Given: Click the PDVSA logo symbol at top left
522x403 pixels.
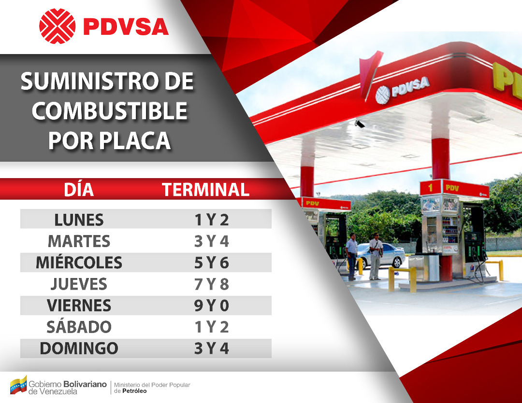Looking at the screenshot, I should click(x=57, y=26).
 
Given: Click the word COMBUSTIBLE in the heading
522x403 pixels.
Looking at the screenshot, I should click(x=109, y=111).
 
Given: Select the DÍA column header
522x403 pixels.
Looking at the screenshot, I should click(x=79, y=190).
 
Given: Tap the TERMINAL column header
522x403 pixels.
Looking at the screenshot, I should click(x=205, y=190).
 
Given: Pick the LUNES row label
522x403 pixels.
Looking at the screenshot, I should click(x=79, y=220).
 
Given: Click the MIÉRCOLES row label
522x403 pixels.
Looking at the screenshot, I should click(x=79, y=263).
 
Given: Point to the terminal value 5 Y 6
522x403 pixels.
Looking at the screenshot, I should click(x=211, y=263).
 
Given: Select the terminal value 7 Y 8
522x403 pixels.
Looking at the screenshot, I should click(x=211, y=284).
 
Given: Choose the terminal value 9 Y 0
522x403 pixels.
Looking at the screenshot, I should click(x=211, y=306).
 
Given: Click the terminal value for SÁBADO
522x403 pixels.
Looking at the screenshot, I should click(x=211, y=327).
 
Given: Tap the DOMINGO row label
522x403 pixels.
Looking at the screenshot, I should click(x=79, y=348).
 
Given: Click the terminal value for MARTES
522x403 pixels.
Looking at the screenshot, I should click(x=211, y=241).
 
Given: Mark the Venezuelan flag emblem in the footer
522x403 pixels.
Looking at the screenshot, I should click(x=18, y=385).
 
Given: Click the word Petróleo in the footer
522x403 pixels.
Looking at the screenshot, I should click(x=134, y=391).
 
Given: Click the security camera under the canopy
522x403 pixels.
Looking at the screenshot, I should click(x=359, y=124).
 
